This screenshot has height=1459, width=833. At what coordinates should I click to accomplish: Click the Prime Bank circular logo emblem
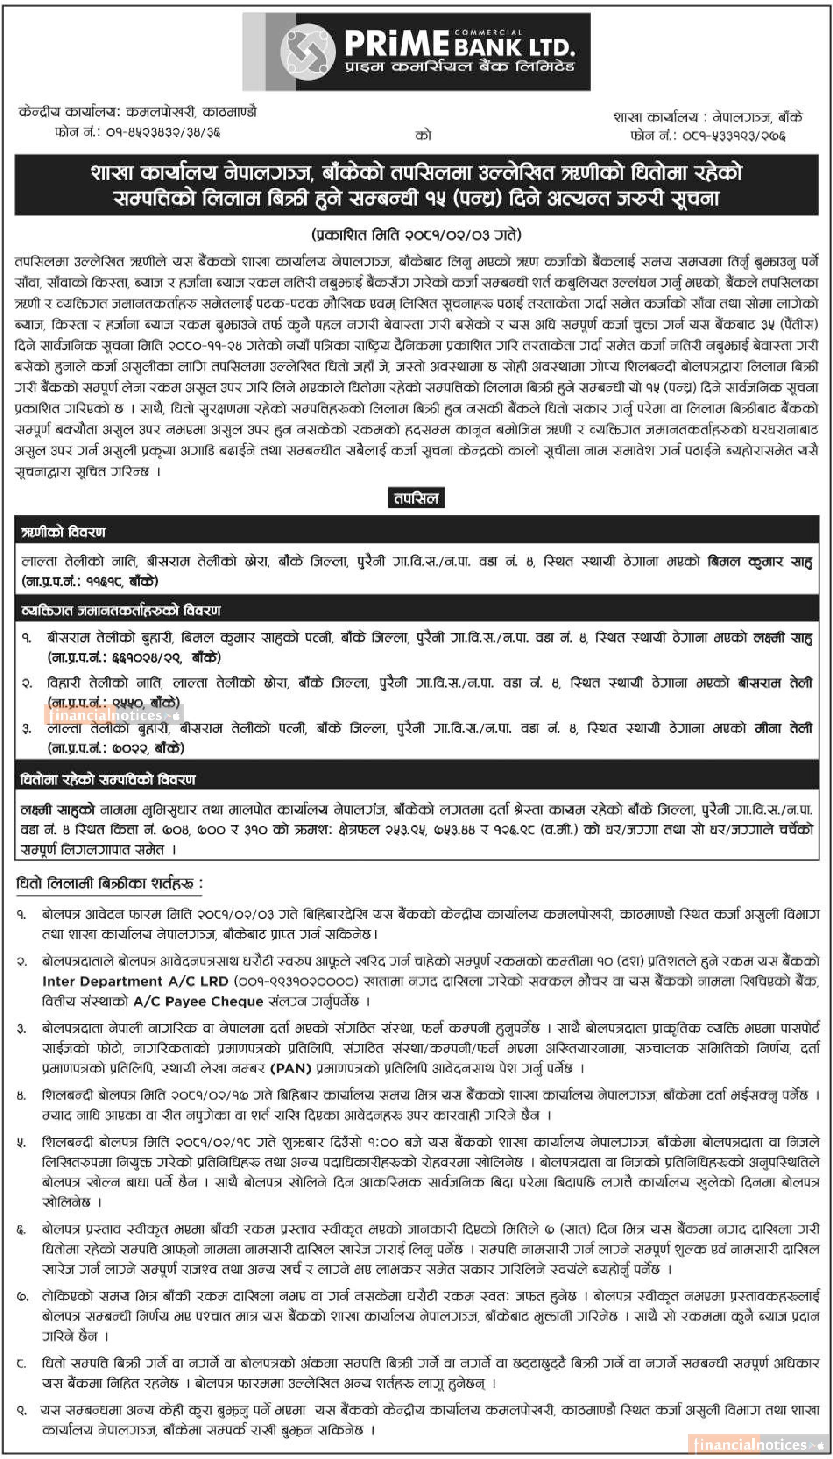307,52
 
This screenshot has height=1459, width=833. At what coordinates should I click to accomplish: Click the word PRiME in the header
396,43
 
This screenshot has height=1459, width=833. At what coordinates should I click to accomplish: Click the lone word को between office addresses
423,136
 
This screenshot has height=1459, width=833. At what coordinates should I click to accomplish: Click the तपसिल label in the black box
416,498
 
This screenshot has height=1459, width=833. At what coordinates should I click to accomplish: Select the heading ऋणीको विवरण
64,532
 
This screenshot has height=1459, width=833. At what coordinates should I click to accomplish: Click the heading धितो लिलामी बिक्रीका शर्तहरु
109,884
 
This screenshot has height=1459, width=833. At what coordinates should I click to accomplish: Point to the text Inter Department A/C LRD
136,981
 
